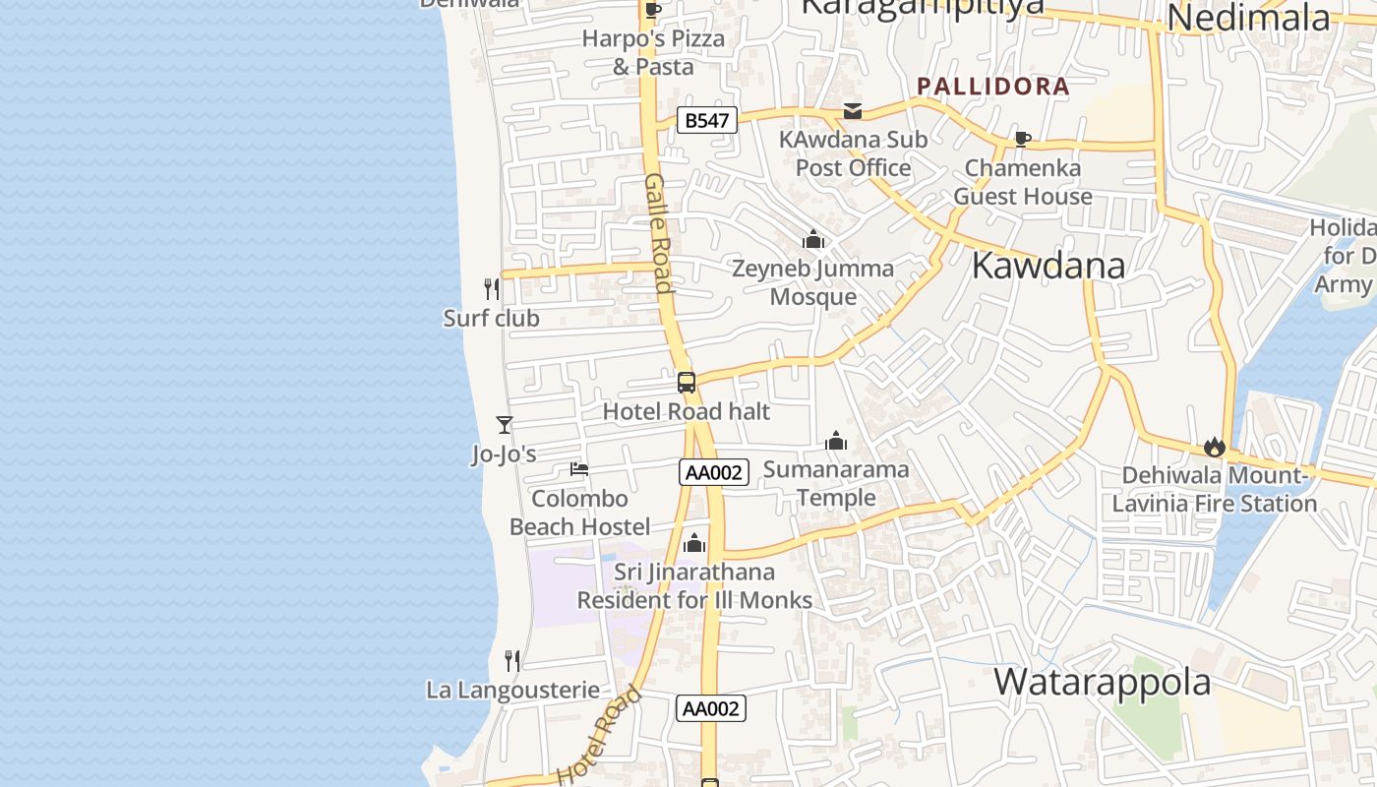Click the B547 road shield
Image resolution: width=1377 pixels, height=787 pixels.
[707, 120]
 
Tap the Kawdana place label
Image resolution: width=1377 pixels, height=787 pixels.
[1048, 266]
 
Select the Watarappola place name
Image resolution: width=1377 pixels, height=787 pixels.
[1102, 682]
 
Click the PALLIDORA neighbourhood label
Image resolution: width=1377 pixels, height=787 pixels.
[992, 86]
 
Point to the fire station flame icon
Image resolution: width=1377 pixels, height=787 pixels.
[1215, 447]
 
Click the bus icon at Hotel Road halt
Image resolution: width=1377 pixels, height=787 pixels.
[687, 383]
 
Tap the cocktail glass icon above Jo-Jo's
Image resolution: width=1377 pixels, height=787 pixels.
[505, 425]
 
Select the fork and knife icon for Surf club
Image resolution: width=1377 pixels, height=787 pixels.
[492, 288]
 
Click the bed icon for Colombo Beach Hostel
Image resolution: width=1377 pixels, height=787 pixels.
[579, 469]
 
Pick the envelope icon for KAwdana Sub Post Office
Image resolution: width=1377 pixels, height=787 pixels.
[853, 110]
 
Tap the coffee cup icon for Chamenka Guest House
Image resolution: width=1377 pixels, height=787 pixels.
[1022, 139]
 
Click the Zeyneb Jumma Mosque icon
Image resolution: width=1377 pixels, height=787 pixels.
[813, 239]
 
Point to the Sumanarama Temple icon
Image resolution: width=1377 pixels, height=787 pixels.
[836, 441]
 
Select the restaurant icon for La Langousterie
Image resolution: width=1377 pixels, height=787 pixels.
[512, 660]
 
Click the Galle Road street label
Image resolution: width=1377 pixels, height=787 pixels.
[659, 233]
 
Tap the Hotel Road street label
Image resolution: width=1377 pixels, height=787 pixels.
[599, 736]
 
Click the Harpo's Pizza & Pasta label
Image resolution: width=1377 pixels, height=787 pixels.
[653, 52]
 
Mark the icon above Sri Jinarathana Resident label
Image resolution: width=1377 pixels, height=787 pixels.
[694, 543]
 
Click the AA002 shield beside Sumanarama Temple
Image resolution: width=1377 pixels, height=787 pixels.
[714, 472]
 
